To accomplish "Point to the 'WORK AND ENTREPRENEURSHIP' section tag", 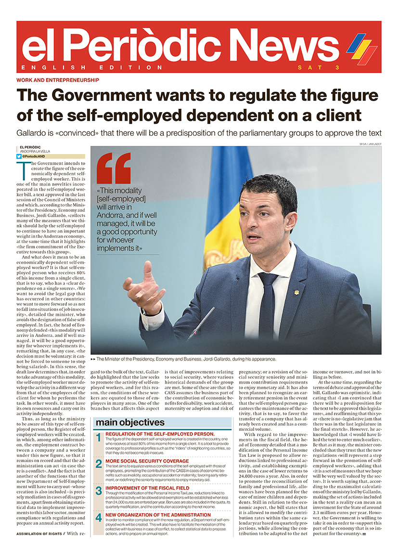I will [58, 80].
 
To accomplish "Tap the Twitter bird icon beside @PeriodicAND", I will [19, 156].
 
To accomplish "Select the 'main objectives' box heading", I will [130, 422].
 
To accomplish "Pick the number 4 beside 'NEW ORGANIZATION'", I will [98, 518].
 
